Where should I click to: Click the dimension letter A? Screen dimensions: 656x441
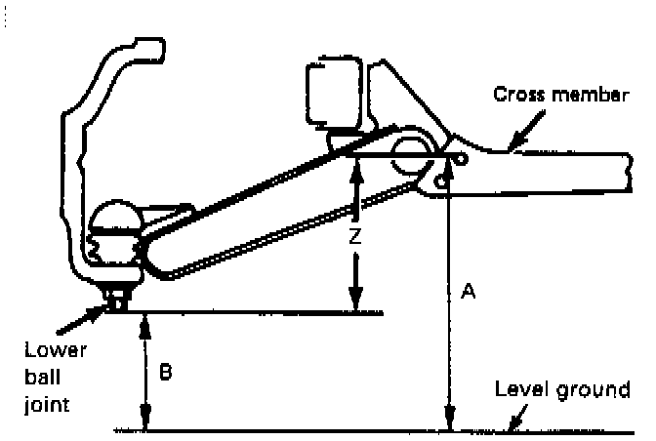pyautogui.click(x=468, y=291)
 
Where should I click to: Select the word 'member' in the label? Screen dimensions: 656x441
pyautogui.click(x=586, y=95)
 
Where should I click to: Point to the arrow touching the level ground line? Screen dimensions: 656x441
pyautogui.click(x=512, y=421)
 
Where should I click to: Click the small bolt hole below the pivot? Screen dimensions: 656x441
pyautogui.click(x=442, y=180)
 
